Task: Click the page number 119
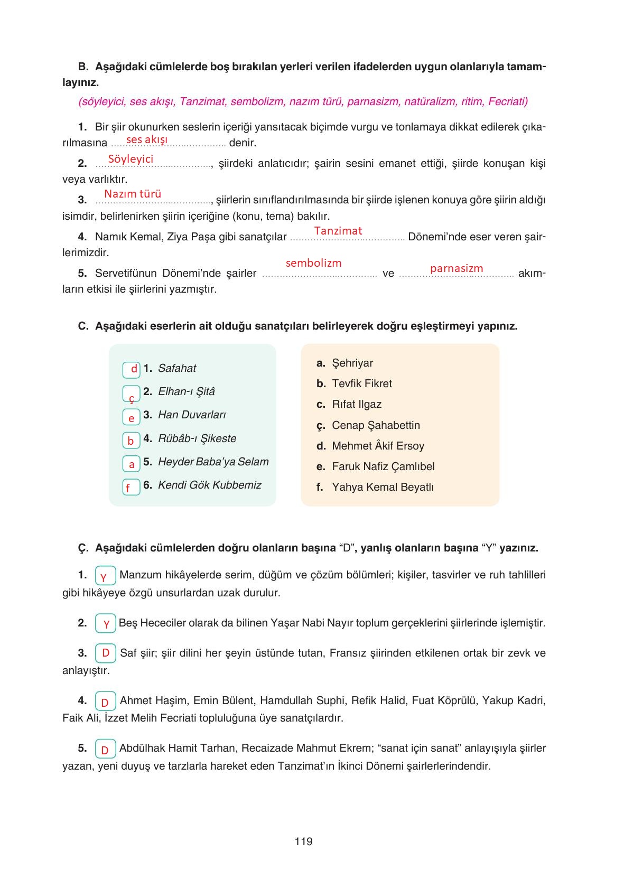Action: coord(304,841)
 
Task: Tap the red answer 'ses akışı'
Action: coord(147,139)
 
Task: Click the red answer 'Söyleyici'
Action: coord(131,159)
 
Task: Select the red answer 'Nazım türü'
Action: coord(133,194)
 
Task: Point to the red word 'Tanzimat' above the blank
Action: coord(338,231)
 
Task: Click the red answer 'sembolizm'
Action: coord(313,263)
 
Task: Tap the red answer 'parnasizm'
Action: coord(457,268)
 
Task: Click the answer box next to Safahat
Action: coord(132,369)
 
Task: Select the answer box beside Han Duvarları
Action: coord(132,417)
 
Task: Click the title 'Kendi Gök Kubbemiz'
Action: coord(209,485)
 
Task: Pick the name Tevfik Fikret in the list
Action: coord(361,383)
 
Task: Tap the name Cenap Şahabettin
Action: coord(376,425)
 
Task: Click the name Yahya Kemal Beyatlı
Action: coord(383,487)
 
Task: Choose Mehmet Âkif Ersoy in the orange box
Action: coord(378,446)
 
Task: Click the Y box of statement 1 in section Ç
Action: coord(105,576)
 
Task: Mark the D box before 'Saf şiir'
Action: coord(106,653)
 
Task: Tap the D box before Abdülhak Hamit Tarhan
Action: coord(105,749)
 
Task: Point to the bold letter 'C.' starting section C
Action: coord(83,326)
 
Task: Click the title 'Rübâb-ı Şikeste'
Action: coord(197,438)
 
